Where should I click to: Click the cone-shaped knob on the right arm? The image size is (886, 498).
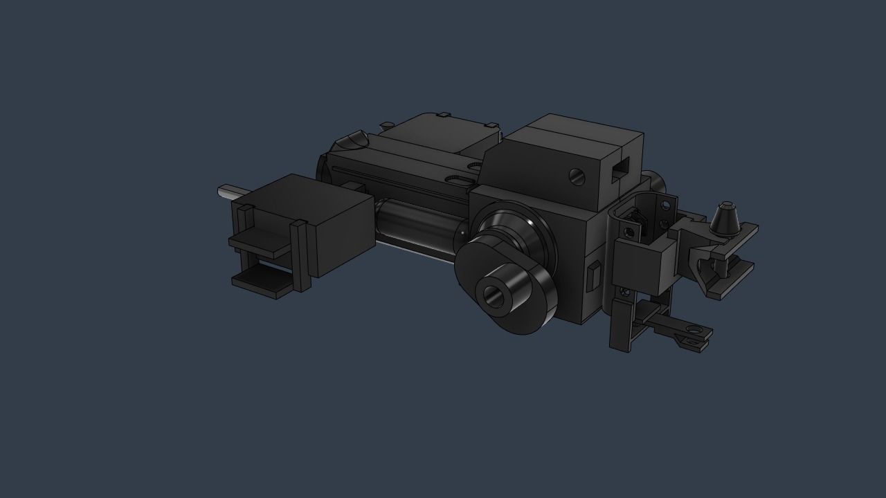[x=724, y=219]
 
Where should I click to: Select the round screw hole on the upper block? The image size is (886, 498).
[x=577, y=177]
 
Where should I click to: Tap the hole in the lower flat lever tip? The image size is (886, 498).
[x=691, y=340]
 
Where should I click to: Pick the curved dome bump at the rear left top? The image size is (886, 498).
[x=354, y=140]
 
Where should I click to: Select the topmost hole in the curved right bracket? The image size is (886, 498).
[x=665, y=205]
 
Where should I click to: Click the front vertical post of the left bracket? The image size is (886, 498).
[x=299, y=256]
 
